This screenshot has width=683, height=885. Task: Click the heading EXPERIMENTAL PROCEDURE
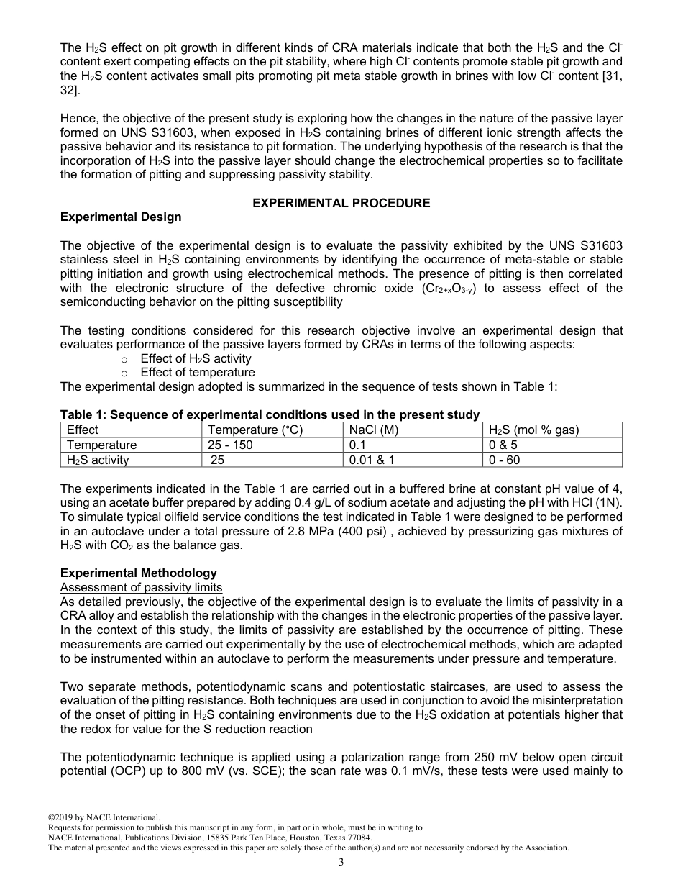tap(341, 203)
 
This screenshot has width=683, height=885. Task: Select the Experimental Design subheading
tap(121, 217)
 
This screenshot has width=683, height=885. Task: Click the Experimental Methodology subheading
tap(138, 573)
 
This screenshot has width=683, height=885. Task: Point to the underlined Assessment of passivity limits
tap(141, 587)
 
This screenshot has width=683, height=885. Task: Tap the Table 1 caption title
tap(270, 414)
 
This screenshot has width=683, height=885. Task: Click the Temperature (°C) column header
tap(255, 430)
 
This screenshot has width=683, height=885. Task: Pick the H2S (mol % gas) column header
tap(533, 430)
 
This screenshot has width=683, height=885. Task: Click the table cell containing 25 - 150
tap(230, 445)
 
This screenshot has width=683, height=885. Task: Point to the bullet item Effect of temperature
tap(198, 373)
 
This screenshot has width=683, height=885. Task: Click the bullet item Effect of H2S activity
tap(196, 358)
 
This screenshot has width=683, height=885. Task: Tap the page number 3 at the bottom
tap(341, 863)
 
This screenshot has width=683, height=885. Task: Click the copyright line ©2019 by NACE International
tap(104, 817)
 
